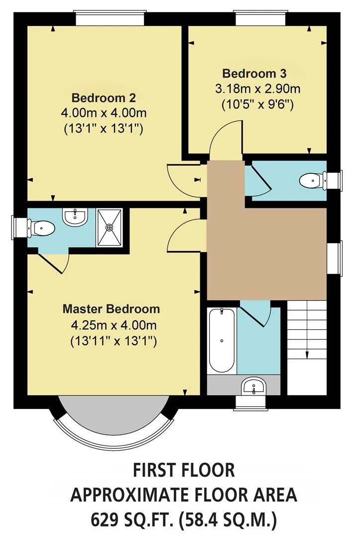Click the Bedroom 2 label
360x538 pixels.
pyautogui.click(x=104, y=98)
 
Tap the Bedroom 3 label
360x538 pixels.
pyautogui.click(x=254, y=73)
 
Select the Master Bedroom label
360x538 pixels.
pyautogui.click(x=111, y=309)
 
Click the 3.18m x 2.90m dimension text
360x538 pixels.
pyautogui.click(x=257, y=89)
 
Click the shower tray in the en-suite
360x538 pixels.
pyautogui.click(x=109, y=227)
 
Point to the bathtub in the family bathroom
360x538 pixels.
pyautogui.click(x=222, y=340)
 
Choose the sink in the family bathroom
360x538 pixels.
pyautogui.click(x=253, y=387)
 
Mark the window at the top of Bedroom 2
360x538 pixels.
pyautogui.click(x=110, y=18)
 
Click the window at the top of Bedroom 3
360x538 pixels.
pyautogui.click(x=260, y=18)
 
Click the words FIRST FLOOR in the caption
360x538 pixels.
pyautogui.click(x=184, y=470)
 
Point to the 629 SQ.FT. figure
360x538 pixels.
pyautogui.click(x=131, y=520)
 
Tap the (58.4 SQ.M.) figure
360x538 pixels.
pyautogui.click(x=228, y=520)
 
